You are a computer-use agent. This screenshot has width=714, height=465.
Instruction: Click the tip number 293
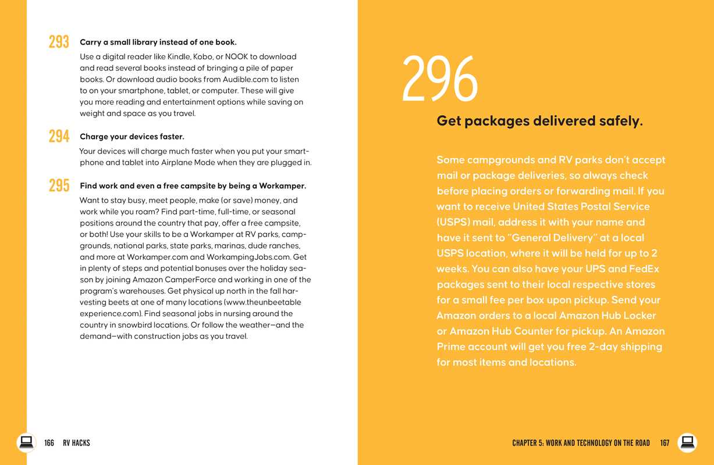[x=59, y=42]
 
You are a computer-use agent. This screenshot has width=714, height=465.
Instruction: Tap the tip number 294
[x=59, y=137]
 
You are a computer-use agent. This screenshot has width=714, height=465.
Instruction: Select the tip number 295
[x=59, y=186]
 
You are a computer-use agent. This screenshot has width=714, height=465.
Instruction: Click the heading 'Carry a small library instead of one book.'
[x=158, y=42]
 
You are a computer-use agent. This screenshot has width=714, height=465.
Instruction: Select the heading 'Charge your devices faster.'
[x=132, y=137]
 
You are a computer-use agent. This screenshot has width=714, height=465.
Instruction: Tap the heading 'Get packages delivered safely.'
[x=539, y=121]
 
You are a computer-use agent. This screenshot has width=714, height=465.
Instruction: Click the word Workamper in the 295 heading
[x=283, y=186]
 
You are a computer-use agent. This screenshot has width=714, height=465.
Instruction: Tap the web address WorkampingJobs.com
[x=248, y=257]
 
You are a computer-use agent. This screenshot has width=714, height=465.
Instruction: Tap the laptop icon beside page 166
[x=26, y=442]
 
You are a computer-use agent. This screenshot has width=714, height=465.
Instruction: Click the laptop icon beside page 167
[x=687, y=442]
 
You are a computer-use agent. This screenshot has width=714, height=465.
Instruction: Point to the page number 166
[x=49, y=443]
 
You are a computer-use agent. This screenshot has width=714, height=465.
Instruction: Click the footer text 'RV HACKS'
[x=76, y=443]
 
